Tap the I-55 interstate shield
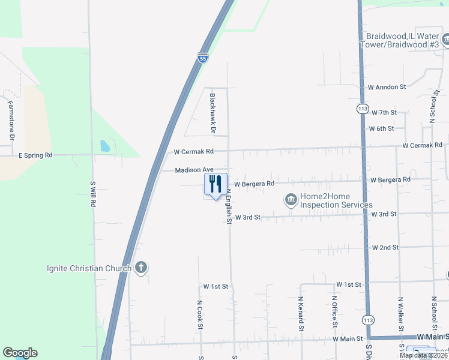tap(203, 58)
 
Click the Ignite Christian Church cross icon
tap(141, 268)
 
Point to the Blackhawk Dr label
tap(212, 112)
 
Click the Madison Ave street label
tap(194, 170)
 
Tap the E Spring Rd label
tap(36, 155)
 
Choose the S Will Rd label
tap(93, 194)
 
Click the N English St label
tap(229, 206)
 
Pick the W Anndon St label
tap(387, 87)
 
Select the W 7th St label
tap(384, 113)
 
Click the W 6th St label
tap(381, 128)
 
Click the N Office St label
tap(334, 311)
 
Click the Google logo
tap(20, 353)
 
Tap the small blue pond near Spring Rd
tap(105, 146)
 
